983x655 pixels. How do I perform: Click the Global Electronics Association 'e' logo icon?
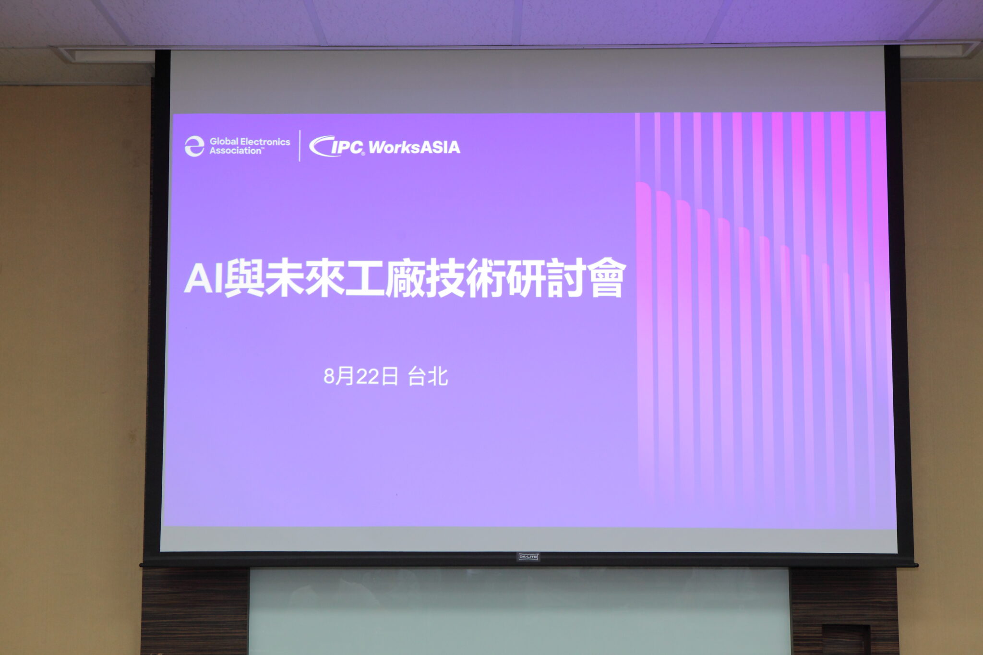coord(194,146)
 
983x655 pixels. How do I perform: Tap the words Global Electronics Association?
coord(250,146)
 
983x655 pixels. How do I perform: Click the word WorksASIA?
coord(414,147)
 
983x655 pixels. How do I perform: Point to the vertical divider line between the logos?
coord(300,146)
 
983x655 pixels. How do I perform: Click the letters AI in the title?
coord(203,279)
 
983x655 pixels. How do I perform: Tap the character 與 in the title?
coord(244,279)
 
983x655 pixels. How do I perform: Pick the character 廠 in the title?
coord(405,279)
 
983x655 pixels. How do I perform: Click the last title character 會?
coord(606,279)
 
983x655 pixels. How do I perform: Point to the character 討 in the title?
coord(566,279)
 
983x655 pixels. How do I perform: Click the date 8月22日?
coord(360,377)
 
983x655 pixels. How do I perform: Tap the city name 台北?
coord(428,377)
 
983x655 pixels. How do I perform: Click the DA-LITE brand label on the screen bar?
coord(528,557)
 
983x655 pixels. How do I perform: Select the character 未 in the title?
coord(284,279)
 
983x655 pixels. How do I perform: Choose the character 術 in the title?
coord(486,279)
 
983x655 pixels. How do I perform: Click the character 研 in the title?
coord(526,279)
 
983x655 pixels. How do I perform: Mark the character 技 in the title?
coord(445,279)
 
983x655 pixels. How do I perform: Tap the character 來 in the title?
coord(324,279)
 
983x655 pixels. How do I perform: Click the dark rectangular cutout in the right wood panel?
coord(845,640)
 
